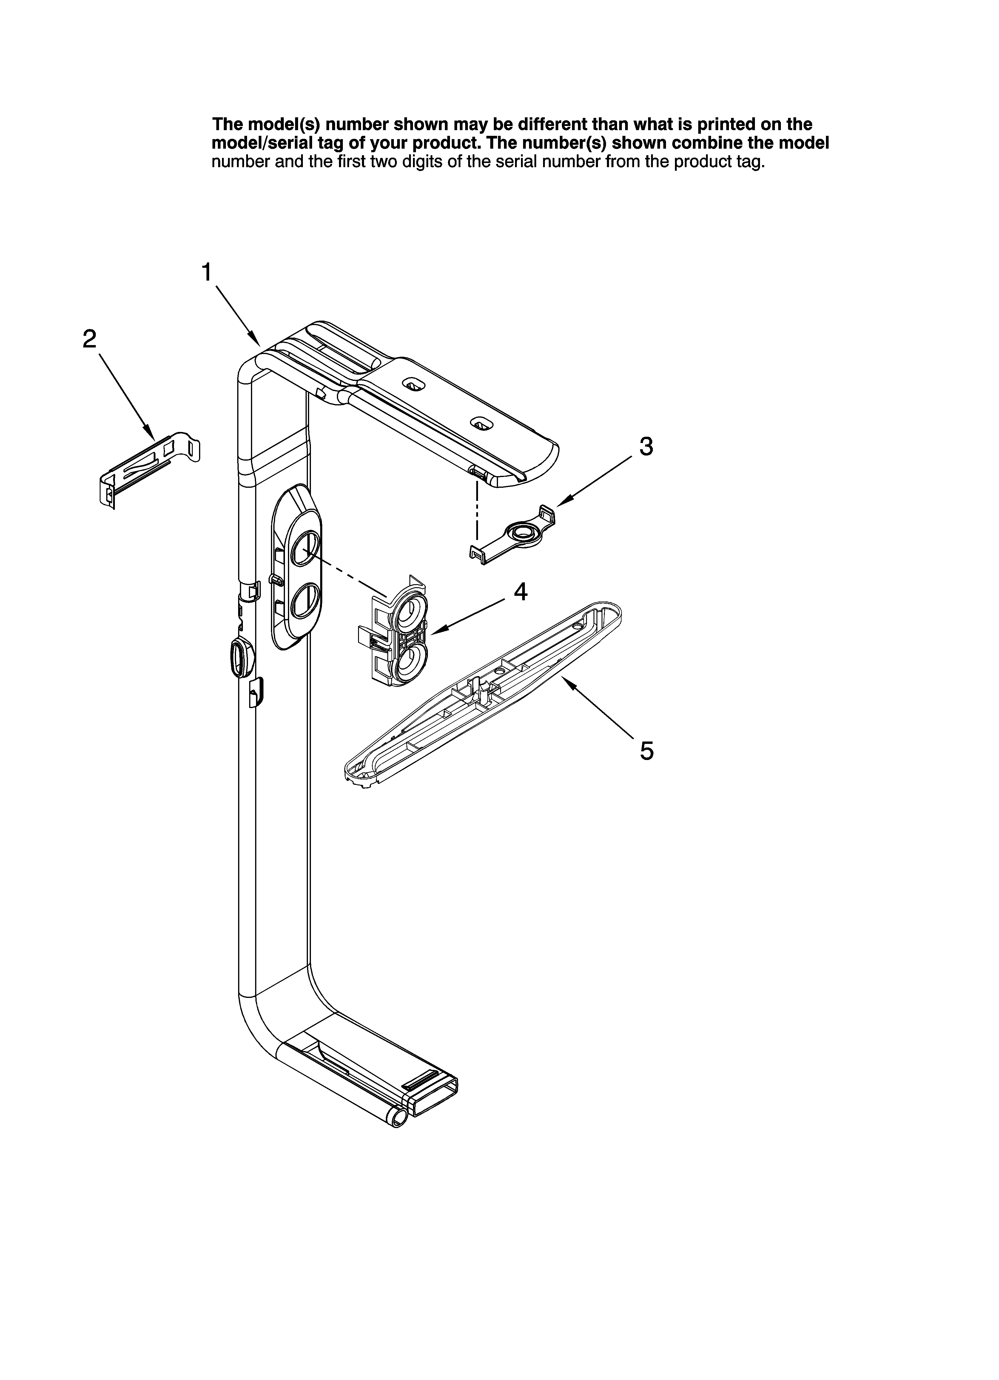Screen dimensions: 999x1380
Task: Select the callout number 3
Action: pos(646,447)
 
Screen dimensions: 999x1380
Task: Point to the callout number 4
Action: pos(520,591)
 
